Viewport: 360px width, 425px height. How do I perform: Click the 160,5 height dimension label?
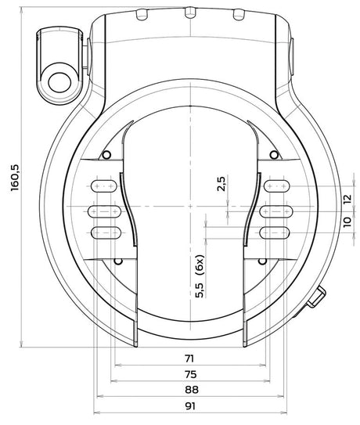15,178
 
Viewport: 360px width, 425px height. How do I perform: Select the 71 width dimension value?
189,358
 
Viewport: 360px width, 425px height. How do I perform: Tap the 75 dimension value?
190,374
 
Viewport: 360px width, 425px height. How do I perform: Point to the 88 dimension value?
192,390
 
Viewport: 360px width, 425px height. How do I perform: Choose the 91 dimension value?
190,405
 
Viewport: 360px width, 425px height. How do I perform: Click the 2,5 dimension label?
221,184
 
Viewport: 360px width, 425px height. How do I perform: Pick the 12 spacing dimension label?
347,199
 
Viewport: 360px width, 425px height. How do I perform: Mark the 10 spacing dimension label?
347,222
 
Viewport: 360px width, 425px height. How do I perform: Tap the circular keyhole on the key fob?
59,83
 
